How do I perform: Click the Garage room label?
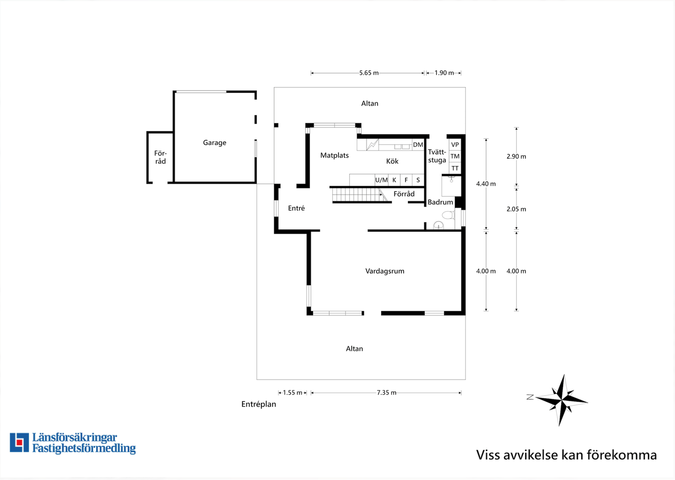coord(214,143)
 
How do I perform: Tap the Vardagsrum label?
coord(385,271)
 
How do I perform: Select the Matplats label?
coord(335,155)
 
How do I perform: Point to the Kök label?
coord(392,161)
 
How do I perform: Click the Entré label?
coord(296,208)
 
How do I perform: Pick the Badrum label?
coord(440,202)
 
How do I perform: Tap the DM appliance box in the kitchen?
coord(418,145)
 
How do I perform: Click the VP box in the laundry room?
coord(455,145)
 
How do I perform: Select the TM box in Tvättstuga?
coord(455,156)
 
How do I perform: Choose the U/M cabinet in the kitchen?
coord(382,180)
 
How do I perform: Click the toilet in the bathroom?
coord(448,215)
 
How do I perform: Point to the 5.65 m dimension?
coord(369,73)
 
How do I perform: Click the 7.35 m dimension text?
coord(387,393)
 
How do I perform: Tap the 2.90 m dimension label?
coord(516,156)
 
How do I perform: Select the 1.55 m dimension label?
coord(292,393)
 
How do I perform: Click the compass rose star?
coord(562,400)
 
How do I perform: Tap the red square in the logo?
coord(20,442)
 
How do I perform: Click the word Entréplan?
coord(259,404)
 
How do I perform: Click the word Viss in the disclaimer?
coord(488,455)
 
